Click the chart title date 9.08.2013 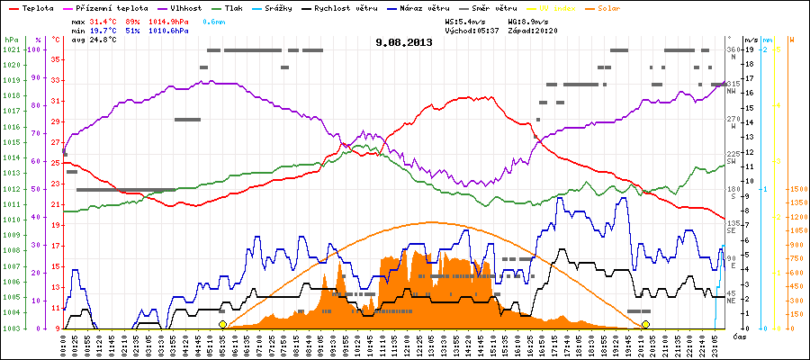tap(404, 41)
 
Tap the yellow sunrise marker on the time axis tap(223, 324)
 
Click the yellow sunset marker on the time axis tap(645, 324)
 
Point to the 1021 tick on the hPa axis tap(11, 49)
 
